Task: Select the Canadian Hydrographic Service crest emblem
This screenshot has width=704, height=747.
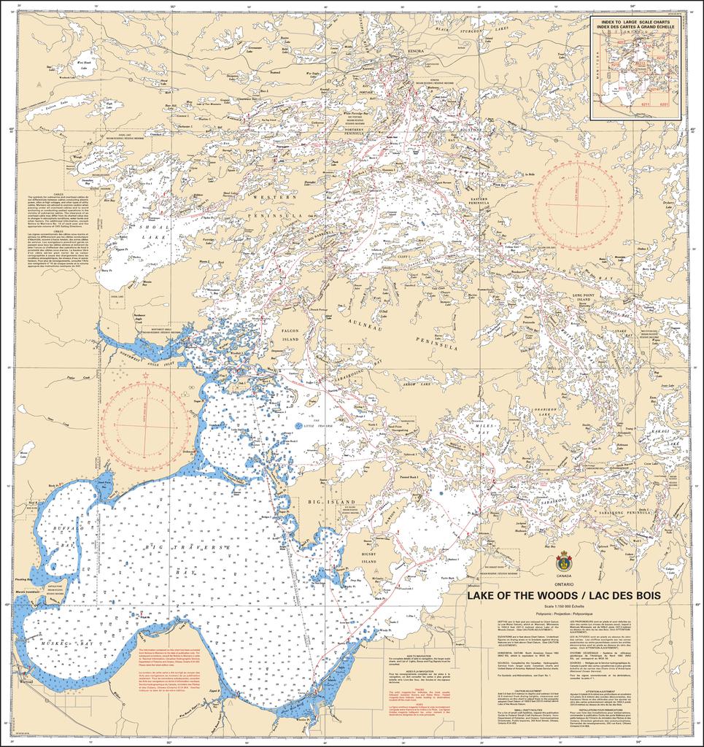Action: (562, 562)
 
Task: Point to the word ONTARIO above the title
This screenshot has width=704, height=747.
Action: (562, 584)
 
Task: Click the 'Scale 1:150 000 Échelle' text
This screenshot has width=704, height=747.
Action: (562, 607)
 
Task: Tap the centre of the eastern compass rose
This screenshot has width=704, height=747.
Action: (577, 204)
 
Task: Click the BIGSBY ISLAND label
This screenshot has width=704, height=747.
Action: (368, 557)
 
